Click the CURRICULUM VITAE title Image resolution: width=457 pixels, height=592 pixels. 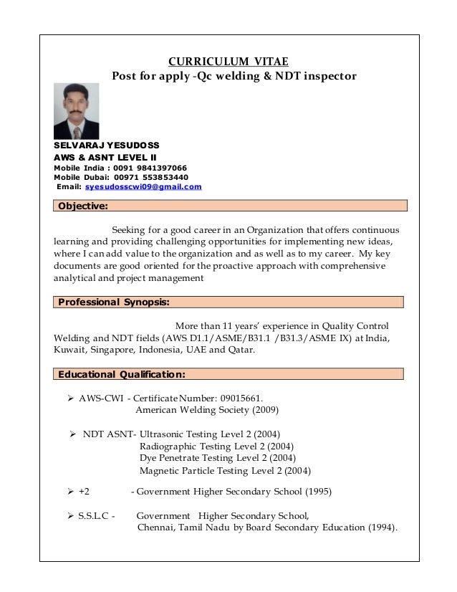pyautogui.click(x=228, y=61)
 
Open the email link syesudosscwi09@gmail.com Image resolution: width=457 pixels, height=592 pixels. pyautogui.click(x=143, y=187)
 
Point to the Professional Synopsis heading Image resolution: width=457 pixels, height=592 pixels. pyautogui.click(x=113, y=302)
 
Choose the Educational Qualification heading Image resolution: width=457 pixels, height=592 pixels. pyautogui.click(x=122, y=374)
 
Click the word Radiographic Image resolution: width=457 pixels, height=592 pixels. pyautogui.click(x=170, y=446)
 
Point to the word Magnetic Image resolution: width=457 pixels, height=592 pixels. pyautogui.click(x=159, y=471)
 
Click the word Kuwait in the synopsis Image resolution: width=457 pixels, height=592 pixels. pyautogui.click(x=70, y=350)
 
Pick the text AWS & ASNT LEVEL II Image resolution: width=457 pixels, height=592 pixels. pyautogui.click(x=107, y=156)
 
